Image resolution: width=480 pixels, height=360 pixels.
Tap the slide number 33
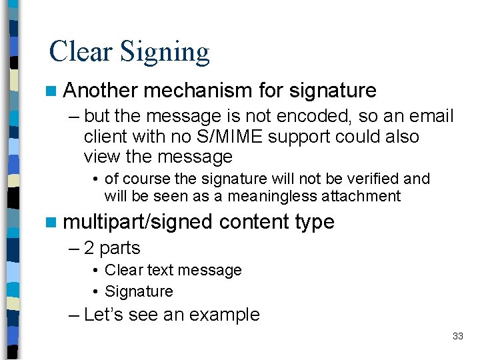457,336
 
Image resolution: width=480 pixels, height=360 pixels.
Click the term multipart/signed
137,222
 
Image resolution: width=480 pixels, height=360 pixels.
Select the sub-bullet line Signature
139,291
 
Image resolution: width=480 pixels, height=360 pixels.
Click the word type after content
316,223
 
